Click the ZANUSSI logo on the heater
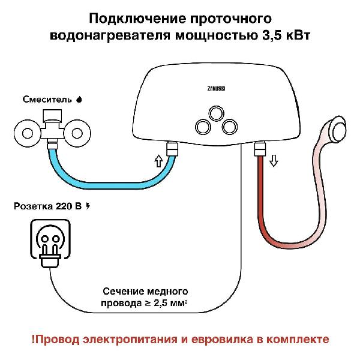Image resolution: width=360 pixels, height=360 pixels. coord(216,89)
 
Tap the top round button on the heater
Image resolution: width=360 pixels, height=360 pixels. coord(216,113)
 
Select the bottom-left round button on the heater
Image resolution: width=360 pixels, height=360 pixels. coord(203,127)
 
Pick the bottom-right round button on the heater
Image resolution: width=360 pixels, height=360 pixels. coord(230,127)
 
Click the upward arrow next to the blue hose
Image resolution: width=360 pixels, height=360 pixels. coord(158,161)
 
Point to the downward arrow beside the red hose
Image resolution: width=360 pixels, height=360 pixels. coord(274,160)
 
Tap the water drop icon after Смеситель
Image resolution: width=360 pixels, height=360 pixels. coord(79,100)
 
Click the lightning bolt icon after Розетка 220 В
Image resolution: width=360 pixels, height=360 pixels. coord(88,206)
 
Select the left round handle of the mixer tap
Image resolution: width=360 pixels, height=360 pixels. coord(28,133)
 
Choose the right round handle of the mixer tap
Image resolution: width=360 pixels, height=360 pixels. coord(77,133)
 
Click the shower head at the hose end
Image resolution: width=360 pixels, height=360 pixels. coord(337,128)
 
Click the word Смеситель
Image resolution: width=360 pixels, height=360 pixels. coord(47,100)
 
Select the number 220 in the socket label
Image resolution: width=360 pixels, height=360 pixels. coord(64,206)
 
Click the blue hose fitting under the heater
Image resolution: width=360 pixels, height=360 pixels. coord(172,149)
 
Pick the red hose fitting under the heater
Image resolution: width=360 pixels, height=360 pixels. coord(260,149)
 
